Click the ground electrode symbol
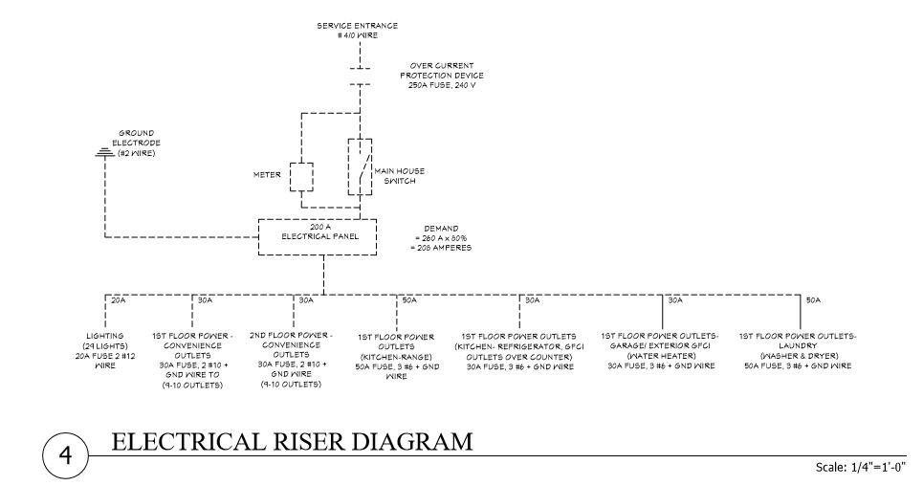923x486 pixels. tap(103, 152)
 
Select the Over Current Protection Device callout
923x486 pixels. tap(442, 75)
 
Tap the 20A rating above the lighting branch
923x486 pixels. tap(119, 300)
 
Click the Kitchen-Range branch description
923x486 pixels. tap(397, 356)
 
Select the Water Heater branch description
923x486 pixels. tap(661, 351)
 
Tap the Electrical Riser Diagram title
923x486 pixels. tap(292, 441)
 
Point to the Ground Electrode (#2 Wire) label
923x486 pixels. tap(136, 144)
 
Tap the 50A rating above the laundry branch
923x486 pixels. tap(813, 300)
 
